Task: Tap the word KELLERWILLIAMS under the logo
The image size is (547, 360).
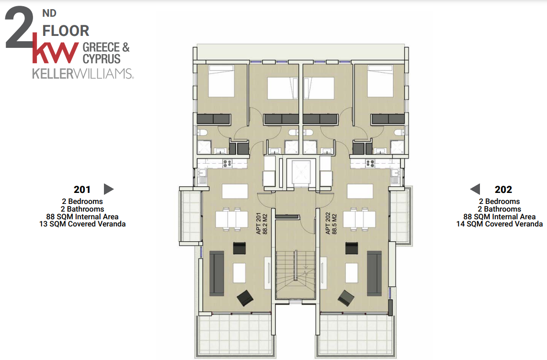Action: (x=83, y=74)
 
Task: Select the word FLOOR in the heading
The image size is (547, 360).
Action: (x=66, y=31)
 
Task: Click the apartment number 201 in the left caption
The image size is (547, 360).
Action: (x=82, y=190)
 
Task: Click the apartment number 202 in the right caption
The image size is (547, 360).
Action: (x=503, y=190)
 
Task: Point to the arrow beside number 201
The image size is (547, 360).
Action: (x=109, y=189)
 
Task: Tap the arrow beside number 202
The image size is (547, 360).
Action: (x=475, y=189)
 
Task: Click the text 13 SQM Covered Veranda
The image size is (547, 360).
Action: (x=82, y=224)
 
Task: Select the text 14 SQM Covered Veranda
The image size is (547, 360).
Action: (x=499, y=224)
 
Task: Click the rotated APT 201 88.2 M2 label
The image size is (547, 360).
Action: (x=262, y=224)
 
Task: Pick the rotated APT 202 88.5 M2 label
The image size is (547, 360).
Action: (x=330, y=224)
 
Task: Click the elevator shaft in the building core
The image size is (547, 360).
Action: (x=301, y=172)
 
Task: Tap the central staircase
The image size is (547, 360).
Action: (x=296, y=274)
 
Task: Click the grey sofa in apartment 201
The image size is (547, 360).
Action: (x=217, y=273)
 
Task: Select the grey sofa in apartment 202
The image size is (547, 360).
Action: (x=374, y=273)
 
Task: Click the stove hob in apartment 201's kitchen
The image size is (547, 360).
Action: (x=227, y=163)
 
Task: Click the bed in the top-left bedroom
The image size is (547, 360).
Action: (x=221, y=81)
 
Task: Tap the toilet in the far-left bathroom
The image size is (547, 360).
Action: (x=202, y=132)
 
